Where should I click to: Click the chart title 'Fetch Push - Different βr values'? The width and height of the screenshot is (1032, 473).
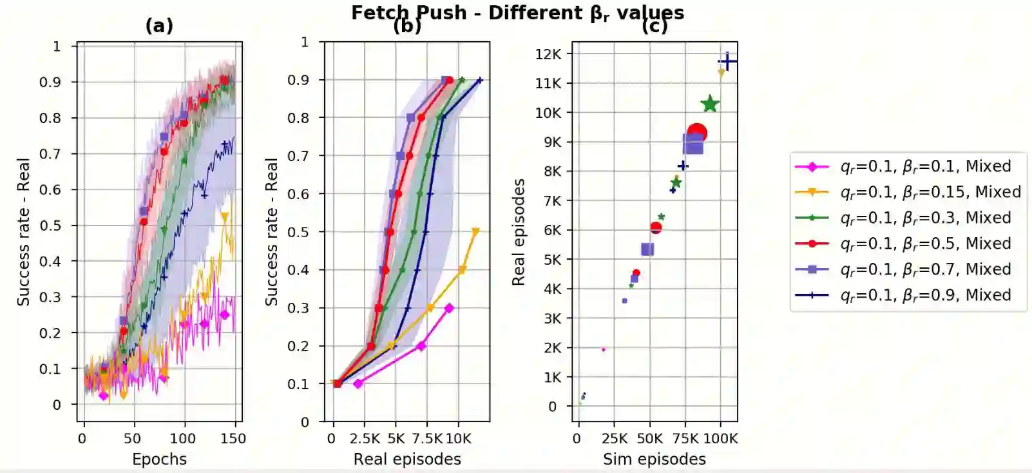click(517, 12)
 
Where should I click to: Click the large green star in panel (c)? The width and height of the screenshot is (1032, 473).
click(709, 104)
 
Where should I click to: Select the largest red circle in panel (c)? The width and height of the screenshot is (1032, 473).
click(697, 133)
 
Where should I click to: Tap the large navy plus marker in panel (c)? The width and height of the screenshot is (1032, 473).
click(727, 62)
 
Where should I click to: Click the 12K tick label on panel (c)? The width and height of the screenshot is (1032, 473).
click(548, 54)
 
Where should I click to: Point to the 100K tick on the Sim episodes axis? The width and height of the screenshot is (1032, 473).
click(720, 439)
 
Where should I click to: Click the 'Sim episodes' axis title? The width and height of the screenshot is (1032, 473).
click(654, 459)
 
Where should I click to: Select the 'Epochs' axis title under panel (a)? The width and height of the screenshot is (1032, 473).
click(159, 459)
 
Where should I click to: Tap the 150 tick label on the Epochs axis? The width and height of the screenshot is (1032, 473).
click(233, 439)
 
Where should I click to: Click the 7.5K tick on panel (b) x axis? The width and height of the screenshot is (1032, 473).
click(426, 439)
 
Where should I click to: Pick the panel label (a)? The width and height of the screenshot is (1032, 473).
click(159, 26)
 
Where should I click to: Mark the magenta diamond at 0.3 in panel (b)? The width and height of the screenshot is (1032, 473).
click(449, 308)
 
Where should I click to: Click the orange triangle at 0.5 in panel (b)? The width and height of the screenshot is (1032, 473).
click(475, 232)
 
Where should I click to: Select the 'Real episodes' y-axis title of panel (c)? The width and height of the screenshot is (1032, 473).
click(519, 232)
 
